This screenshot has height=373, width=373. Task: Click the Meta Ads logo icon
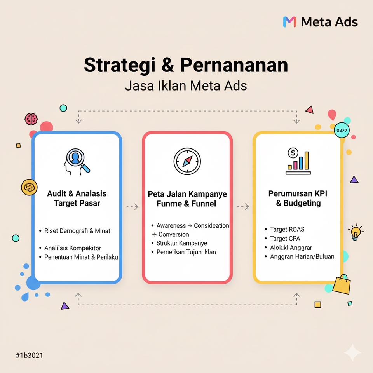(289, 22)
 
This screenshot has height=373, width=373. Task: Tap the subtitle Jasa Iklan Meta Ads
(186, 85)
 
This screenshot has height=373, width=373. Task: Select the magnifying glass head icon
(77, 161)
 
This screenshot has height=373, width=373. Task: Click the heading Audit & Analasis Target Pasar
(77, 198)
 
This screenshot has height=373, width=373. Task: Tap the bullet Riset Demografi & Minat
(77, 231)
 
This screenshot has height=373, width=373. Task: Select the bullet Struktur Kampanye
(181, 243)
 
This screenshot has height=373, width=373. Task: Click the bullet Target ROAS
(287, 229)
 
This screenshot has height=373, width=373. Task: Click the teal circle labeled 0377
(342, 130)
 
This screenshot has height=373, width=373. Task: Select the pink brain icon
(31, 119)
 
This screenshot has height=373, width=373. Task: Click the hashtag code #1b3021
(29, 356)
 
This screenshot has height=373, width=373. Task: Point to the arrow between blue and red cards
(132, 207)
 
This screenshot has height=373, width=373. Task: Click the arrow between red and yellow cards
(243, 207)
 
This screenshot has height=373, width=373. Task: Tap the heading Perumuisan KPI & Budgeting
(298, 198)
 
